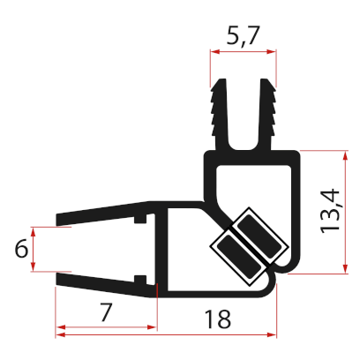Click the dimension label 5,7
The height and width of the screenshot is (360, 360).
pos(243,36)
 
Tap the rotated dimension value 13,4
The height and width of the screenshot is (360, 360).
pos(332,213)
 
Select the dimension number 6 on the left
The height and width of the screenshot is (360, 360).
pos(22,250)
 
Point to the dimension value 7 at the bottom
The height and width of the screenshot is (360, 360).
pos(105,312)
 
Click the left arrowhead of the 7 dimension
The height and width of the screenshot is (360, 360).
pos(60,332)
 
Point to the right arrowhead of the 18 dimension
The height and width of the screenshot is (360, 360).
pos(273,332)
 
